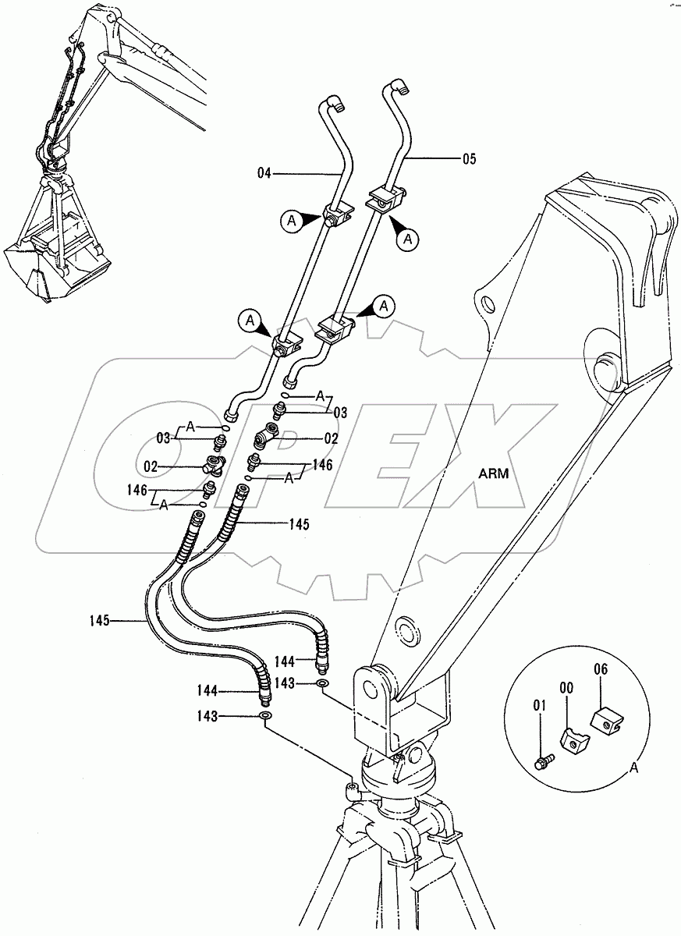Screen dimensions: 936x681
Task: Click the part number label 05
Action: point(468,159)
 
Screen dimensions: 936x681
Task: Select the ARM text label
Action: point(494,474)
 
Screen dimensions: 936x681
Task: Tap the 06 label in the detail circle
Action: point(600,668)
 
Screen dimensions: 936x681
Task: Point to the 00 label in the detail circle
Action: point(567,687)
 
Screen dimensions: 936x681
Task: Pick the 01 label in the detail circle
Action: point(539,707)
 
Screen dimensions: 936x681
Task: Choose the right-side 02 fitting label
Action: point(332,438)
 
